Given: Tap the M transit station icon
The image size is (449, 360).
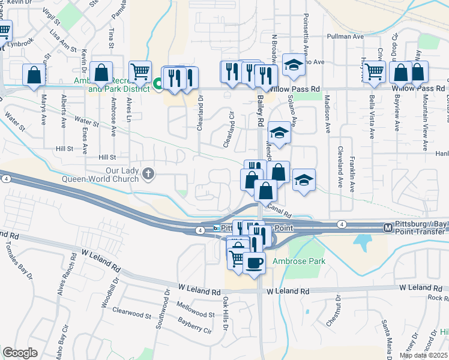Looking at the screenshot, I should point(388,227).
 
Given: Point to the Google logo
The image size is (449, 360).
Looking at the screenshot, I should point(20,353).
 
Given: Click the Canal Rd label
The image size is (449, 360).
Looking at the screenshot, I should point(279,209).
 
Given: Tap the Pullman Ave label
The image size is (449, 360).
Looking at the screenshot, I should point(346,37).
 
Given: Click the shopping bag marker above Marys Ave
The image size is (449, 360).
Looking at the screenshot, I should point(34,75).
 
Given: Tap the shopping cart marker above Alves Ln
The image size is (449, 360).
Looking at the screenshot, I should point(139,71).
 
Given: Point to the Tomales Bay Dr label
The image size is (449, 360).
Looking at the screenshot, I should point(19,259).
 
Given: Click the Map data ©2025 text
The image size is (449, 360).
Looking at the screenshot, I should point(423,355).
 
